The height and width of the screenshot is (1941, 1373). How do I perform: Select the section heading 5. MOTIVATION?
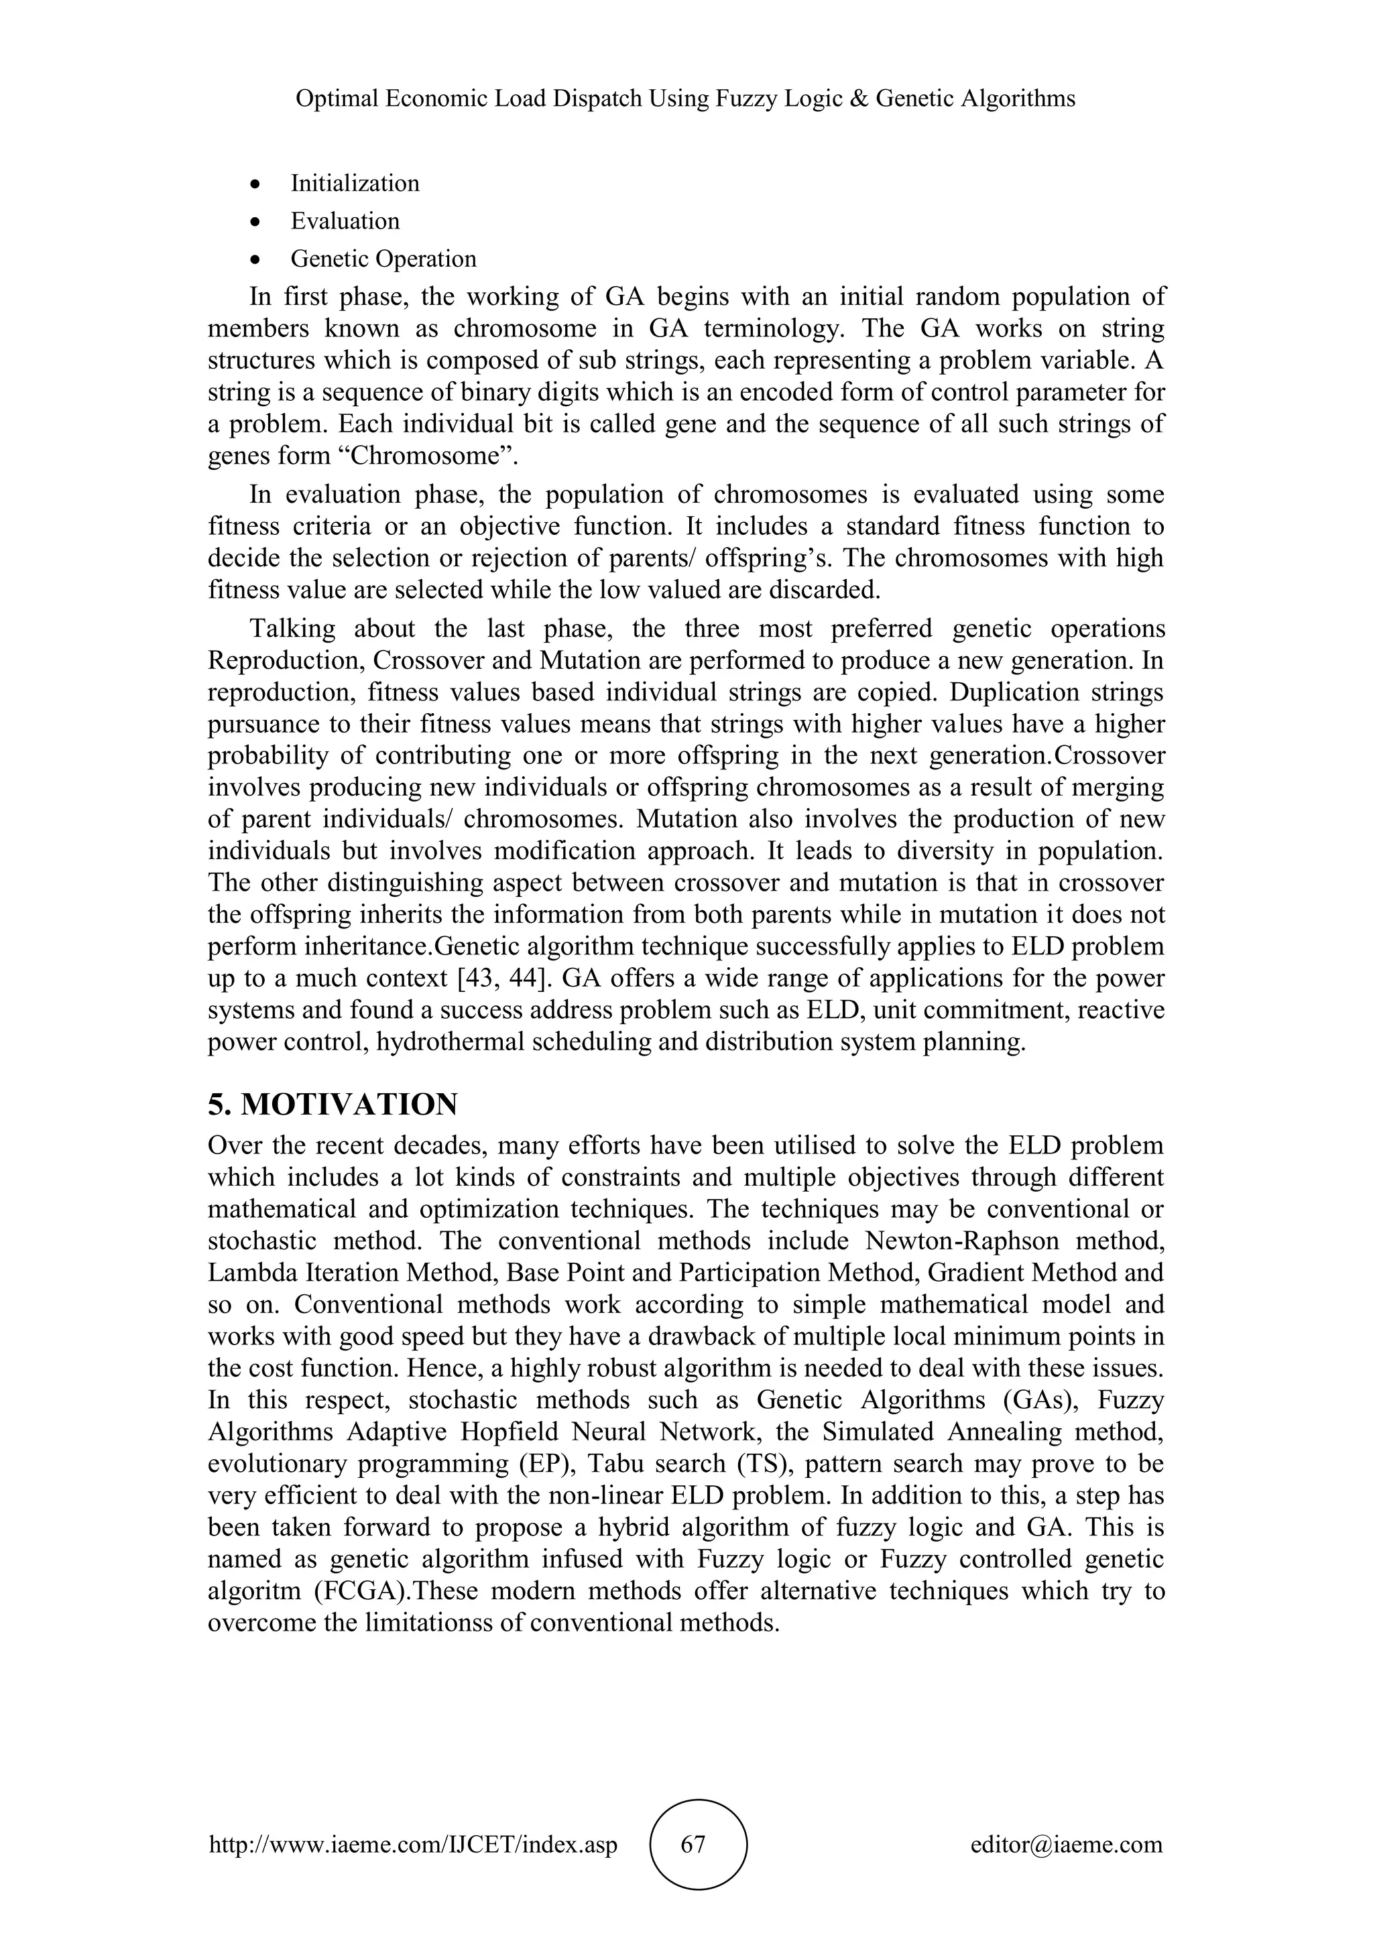tap(333, 1103)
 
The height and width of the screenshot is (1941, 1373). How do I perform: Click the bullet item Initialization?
tap(355, 184)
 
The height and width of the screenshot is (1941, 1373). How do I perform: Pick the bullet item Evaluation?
tap(345, 221)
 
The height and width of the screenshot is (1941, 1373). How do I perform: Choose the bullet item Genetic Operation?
tap(384, 259)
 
